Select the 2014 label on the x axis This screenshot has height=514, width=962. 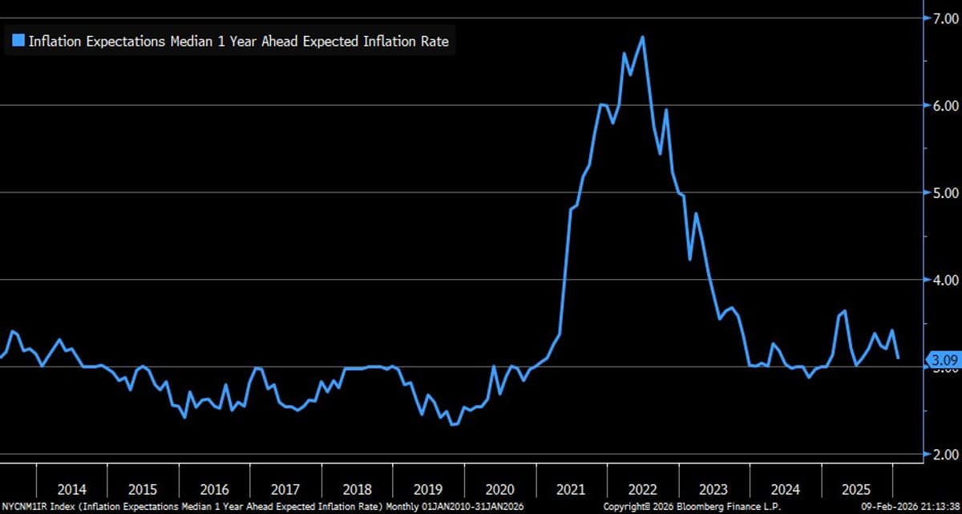pyautogui.click(x=71, y=489)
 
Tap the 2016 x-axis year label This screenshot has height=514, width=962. pyautogui.click(x=214, y=489)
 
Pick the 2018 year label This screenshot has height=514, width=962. pyautogui.click(x=357, y=489)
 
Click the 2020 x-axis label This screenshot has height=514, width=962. pyautogui.click(x=499, y=489)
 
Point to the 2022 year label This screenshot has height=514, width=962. pyautogui.click(x=643, y=489)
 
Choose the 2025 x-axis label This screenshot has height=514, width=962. pyautogui.click(x=857, y=489)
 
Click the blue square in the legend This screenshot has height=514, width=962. pyautogui.click(x=18, y=40)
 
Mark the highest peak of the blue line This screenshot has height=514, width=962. pyautogui.click(x=643, y=36)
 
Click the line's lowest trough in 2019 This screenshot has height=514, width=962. pyautogui.click(x=453, y=424)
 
